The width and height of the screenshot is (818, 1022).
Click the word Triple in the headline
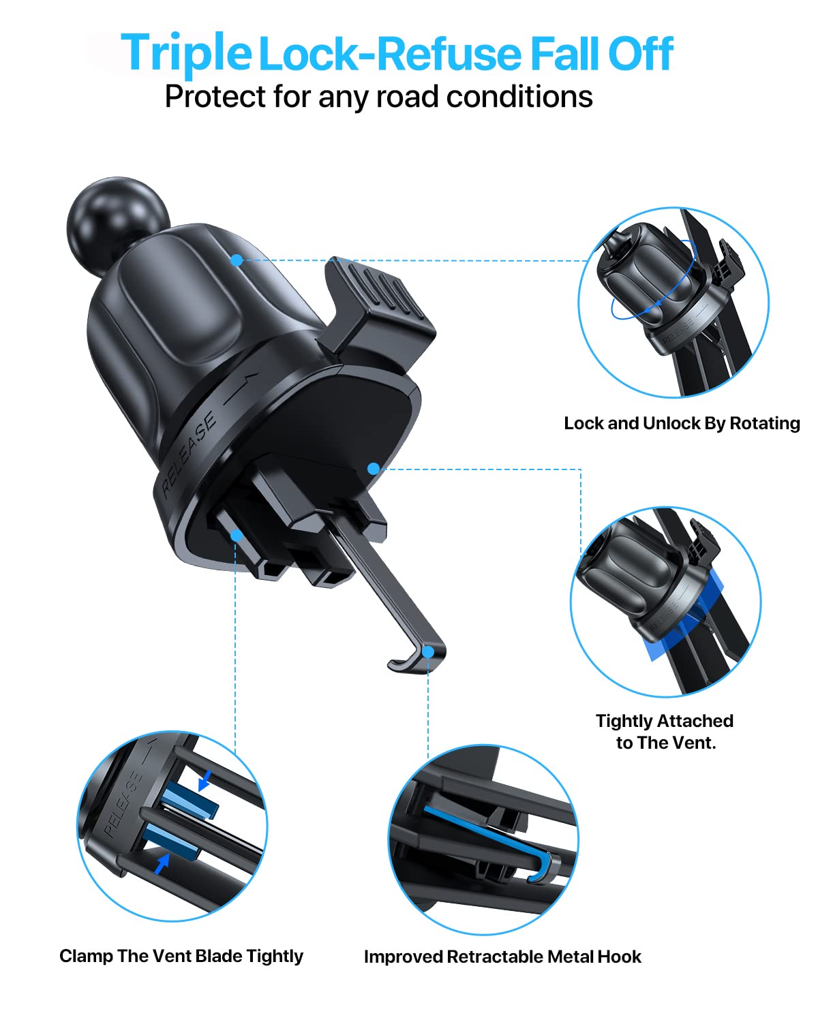[185, 53]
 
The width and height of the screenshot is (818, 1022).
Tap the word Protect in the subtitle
[215, 97]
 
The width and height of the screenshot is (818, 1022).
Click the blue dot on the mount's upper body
[237, 260]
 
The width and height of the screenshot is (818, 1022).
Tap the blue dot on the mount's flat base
[373, 469]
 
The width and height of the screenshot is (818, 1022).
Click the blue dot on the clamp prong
[237, 536]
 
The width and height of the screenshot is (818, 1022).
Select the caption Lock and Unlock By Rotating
[682, 423]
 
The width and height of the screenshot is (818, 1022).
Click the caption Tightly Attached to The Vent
[665, 732]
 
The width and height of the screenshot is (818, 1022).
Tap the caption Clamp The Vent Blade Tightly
[181, 956]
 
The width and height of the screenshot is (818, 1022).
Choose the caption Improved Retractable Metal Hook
[502, 957]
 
